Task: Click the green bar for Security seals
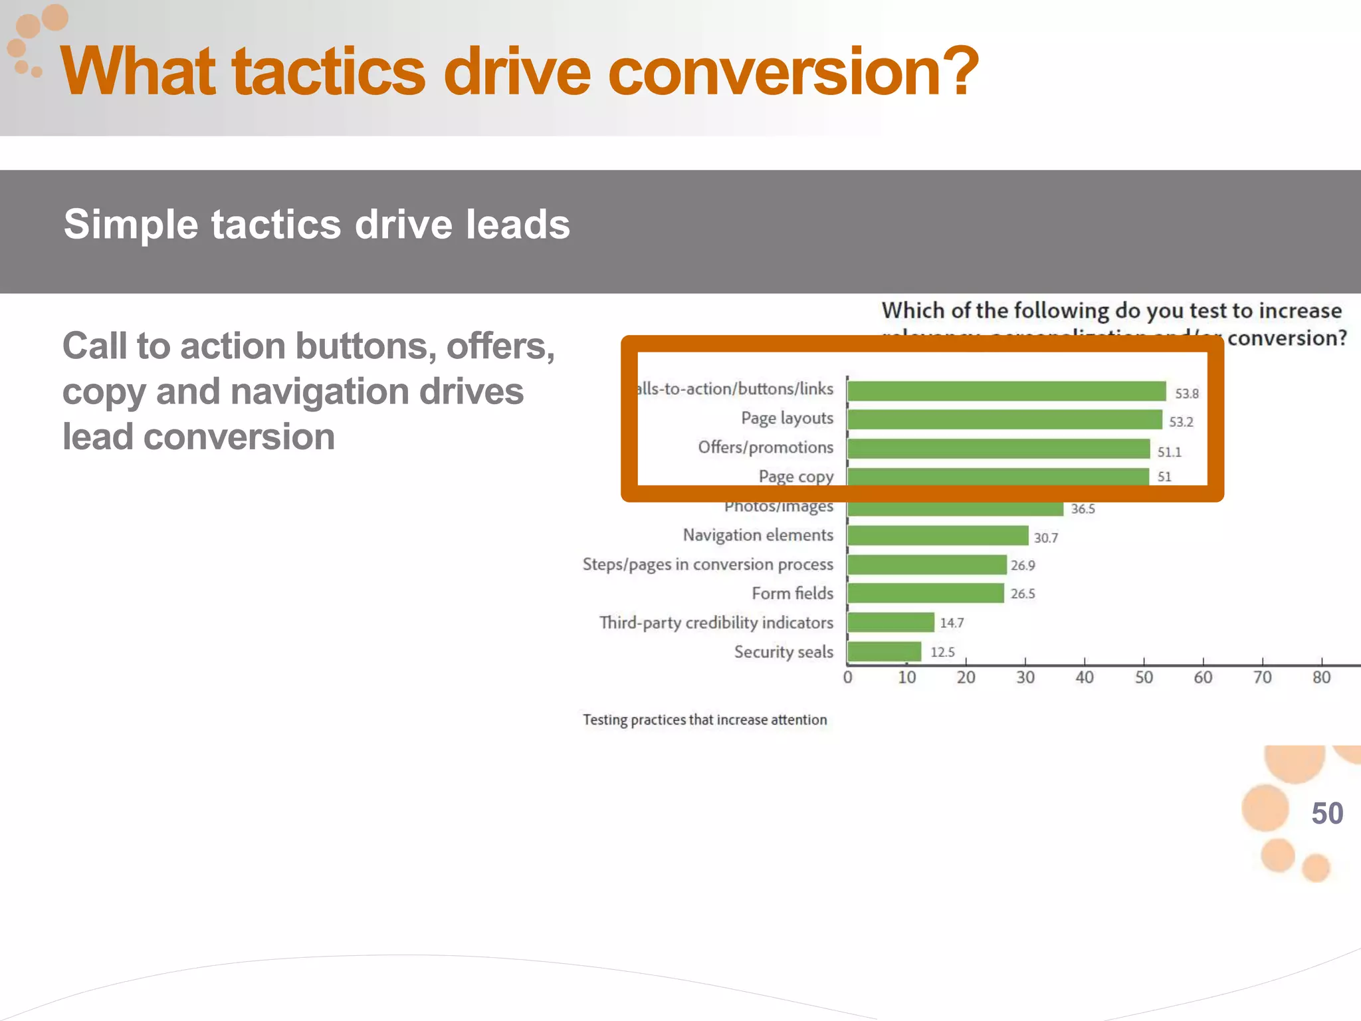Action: (885, 651)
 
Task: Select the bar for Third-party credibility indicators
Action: (891, 622)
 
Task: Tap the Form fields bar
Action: (926, 593)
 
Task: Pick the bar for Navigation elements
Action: (938, 535)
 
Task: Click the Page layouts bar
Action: (1005, 419)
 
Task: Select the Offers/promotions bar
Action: (999, 449)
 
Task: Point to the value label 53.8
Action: (1187, 394)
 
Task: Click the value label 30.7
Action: (1045, 538)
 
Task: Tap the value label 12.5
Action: (942, 652)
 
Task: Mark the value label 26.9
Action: (1023, 566)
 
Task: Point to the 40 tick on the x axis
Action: (1085, 677)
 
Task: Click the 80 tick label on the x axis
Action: (1321, 677)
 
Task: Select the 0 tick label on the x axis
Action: (847, 677)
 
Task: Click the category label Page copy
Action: (795, 477)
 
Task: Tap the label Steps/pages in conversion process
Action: (708, 564)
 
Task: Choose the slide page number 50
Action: (1327, 813)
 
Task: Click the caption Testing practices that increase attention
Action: (705, 720)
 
